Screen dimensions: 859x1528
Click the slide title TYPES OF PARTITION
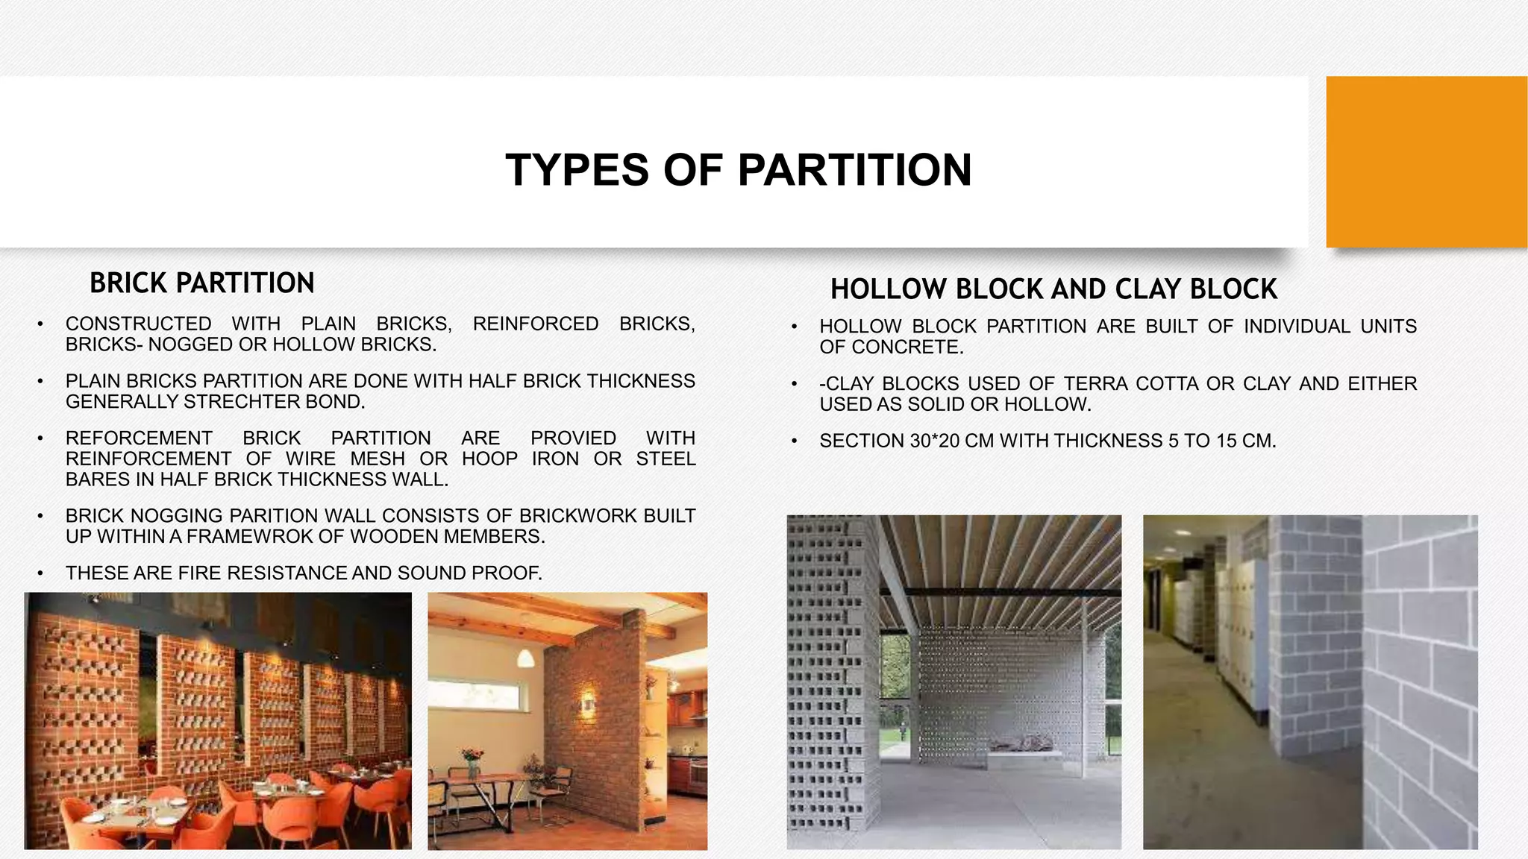pos(738,170)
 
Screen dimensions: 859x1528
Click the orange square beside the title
pos(1426,162)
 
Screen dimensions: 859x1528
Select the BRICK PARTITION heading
pos(201,283)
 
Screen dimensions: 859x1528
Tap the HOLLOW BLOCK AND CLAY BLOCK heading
pos(1053,289)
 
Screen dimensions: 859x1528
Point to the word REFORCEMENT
pos(139,438)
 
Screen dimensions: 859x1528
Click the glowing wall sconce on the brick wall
pos(588,702)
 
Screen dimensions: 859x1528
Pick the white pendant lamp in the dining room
pos(525,658)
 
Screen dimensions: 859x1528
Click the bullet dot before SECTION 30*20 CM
pos(795,441)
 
